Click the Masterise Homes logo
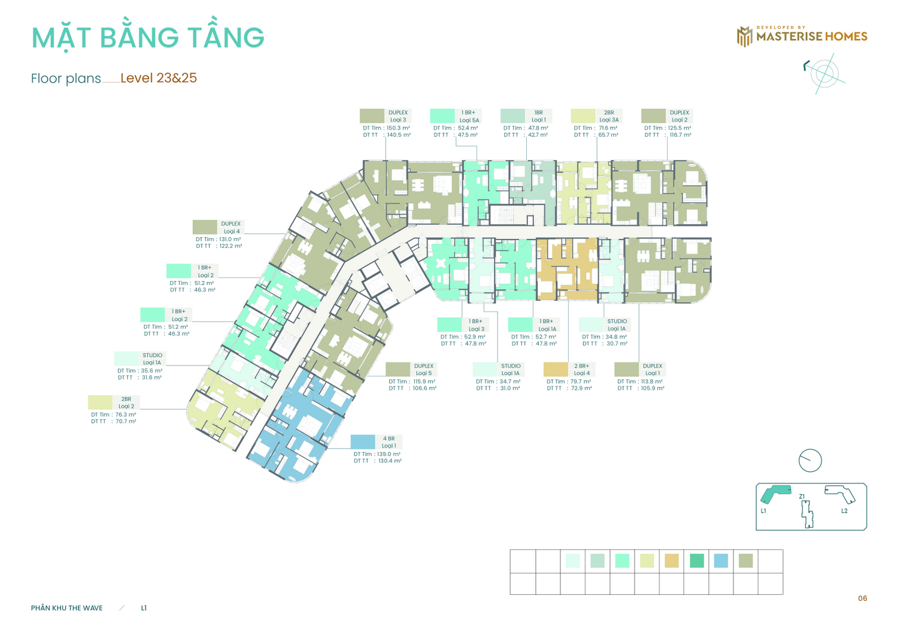pos(802,36)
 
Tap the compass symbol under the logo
pos(824,74)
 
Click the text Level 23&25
pos(159,78)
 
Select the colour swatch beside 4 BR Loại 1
pos(363,442)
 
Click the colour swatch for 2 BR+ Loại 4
pos(556,370)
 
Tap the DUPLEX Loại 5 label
pos(424,370)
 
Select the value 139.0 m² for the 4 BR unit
pos(389,454)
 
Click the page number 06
pos(863,598)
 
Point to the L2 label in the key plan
pos(844,511)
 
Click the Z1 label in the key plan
pos(802,497)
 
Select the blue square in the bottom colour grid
pos(721,561)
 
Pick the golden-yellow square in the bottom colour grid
pos(672,561)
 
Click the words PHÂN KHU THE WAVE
pos(67,608)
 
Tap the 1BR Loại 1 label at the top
pos(538,116)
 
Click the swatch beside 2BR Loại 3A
pos(583,116)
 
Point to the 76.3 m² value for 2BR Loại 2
pos(126,415)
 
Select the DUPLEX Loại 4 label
pos(231,228)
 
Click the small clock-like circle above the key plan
pos(810,461)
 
